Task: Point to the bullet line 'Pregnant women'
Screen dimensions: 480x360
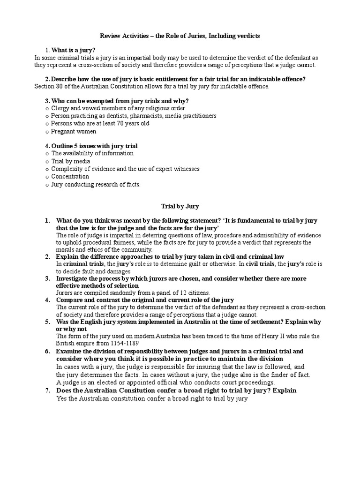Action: click(x=74, y=132)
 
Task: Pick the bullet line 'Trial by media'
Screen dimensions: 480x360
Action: click(x=70, y=161)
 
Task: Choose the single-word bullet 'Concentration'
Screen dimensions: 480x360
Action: click(x=70, y=176)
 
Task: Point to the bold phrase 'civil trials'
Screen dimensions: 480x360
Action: click(x=256, y=264)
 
